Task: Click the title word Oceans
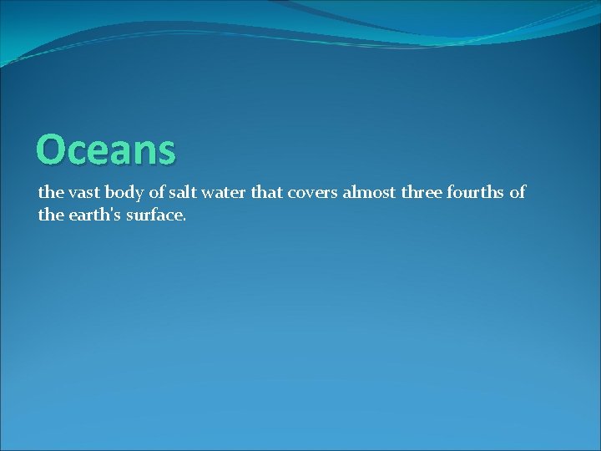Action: [106, 150]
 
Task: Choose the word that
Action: [267, 193]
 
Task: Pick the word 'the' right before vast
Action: [50, 193]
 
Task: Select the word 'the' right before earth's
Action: [50, 215]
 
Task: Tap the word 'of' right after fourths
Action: [518, 193]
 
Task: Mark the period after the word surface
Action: [184, 220]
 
